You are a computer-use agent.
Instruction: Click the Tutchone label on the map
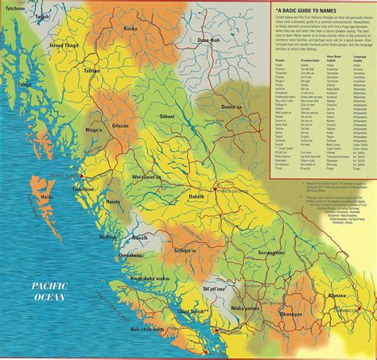pyautogui.click(x=14, y=7)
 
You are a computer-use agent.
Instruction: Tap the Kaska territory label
pyautogui.click(x=130, y=29)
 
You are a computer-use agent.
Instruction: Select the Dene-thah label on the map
pyautogui.click(x=208, y=40)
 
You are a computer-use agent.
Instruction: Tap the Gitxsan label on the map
pyautogui.click(x=120, y=126)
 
